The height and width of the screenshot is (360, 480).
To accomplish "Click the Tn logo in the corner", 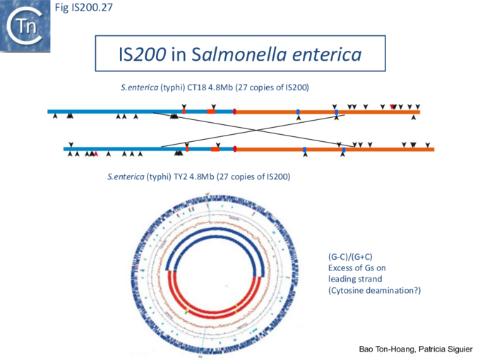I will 25,26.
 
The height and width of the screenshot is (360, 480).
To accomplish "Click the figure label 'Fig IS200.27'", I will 83,8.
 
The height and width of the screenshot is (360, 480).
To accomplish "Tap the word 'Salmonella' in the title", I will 234,54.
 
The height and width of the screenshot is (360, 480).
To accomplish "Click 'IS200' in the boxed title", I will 141,54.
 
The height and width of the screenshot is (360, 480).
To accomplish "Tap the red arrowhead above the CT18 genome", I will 393,106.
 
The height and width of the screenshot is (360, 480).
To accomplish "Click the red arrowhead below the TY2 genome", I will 95,154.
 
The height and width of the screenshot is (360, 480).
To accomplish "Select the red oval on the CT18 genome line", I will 234,112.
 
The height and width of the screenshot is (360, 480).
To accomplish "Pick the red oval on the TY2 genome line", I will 234,149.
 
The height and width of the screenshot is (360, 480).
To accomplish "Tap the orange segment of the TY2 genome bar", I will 381,149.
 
